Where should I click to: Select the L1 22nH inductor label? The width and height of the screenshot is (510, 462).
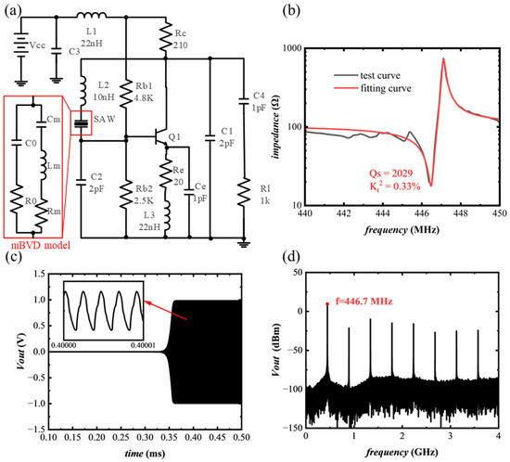pyautogui.click(x=91, y=39)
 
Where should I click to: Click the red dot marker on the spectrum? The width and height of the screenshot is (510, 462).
pyautogui.click(x=327, y=304)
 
